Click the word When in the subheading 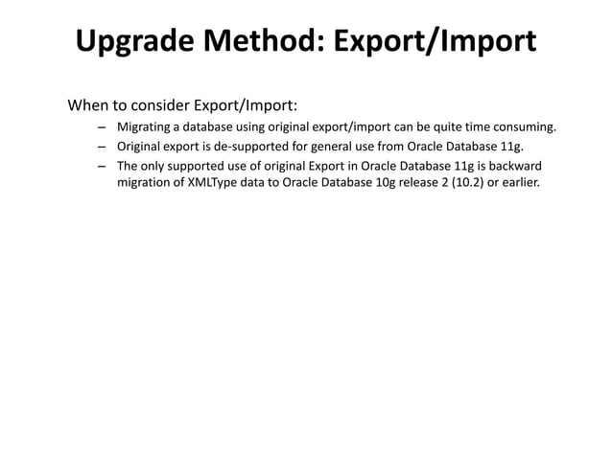[88, 103]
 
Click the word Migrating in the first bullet [145, 126]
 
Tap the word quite [428, 126]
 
